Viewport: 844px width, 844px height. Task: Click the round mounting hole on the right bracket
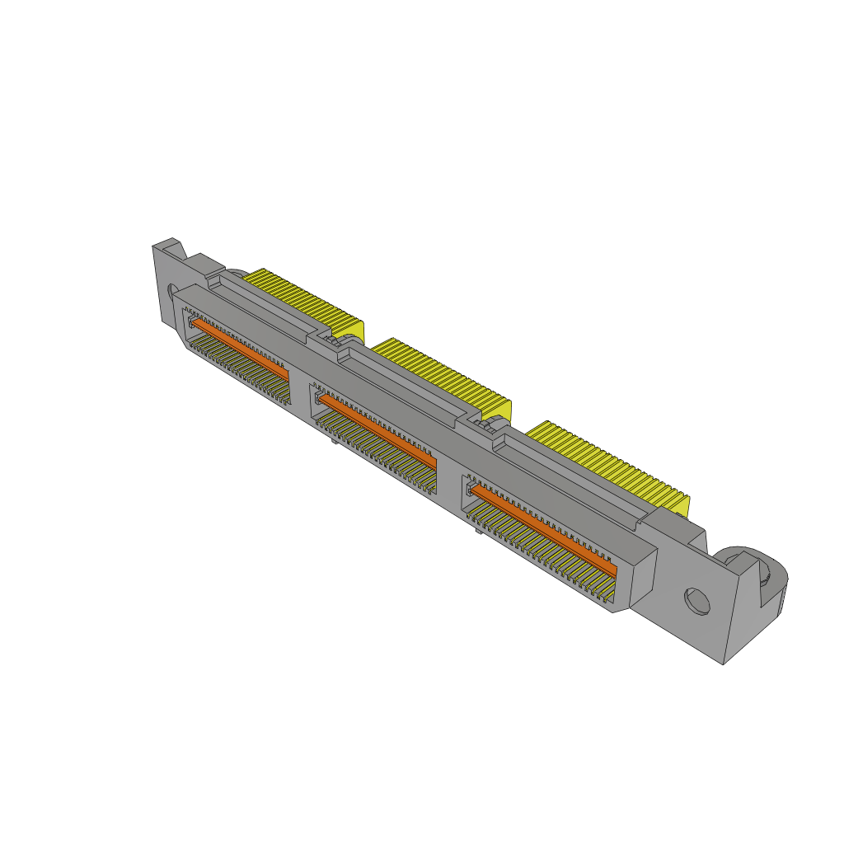[697, 600]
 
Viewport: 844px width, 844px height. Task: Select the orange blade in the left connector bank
[240, 349]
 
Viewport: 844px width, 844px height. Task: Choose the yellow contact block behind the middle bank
[445, 375]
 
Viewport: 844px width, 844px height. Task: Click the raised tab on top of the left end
[169, 245]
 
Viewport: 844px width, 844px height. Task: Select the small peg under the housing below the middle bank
[332, 443]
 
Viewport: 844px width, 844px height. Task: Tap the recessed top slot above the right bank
[569, 478]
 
